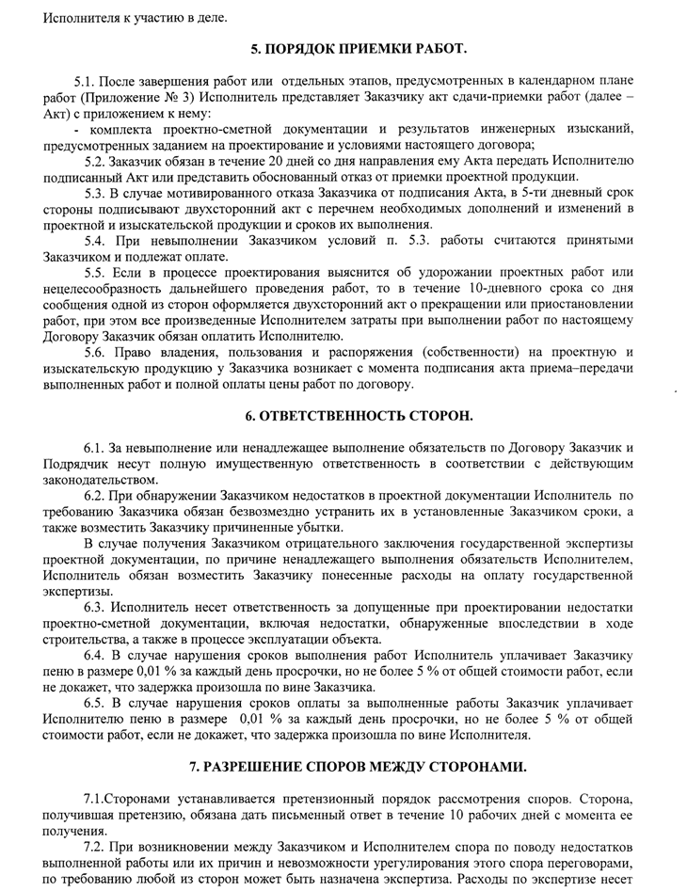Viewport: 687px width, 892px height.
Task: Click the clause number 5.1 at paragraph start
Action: tap(84, 82)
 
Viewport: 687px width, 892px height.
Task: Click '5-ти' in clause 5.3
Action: tap(547, 192)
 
